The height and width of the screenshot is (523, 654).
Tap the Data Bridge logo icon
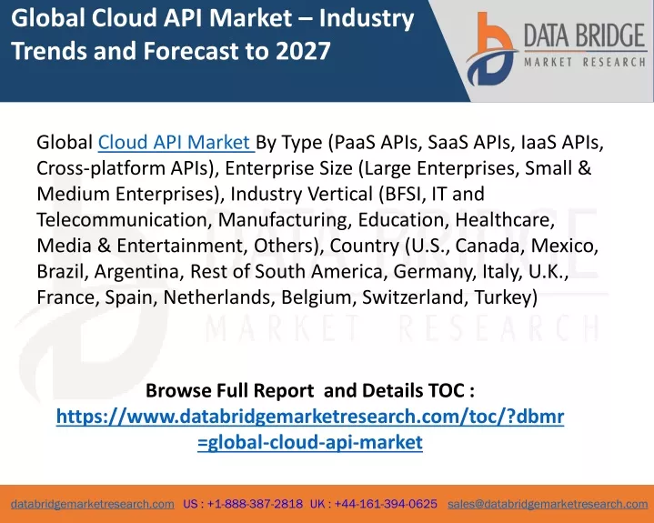[x=492, y=49]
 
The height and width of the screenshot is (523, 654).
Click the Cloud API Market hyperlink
[x=176, y=142]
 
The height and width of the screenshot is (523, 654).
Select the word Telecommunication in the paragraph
[x=122, y=220]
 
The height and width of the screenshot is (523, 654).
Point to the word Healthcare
[x=505, y=220]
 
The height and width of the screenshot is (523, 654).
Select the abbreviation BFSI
[x=402, y=194]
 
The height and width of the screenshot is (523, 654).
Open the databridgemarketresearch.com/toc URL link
[x=310, y=429]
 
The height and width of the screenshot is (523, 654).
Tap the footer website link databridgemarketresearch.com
[x=93, y=504]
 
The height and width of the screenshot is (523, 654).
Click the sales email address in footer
[x=548, y=504]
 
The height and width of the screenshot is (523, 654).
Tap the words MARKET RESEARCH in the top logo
[x=585, y=62]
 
